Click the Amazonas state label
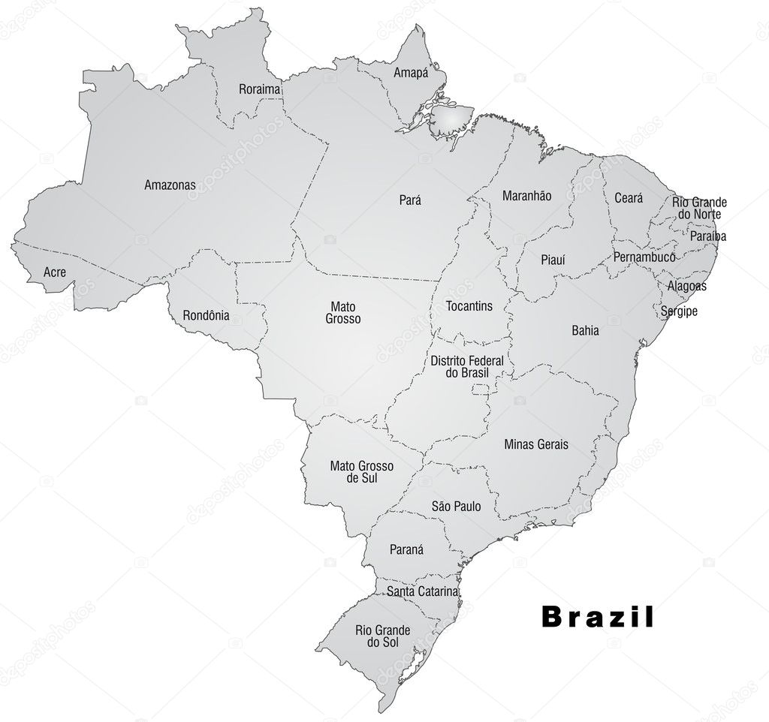(170, 184)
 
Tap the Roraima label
(259, 89)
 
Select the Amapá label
(411, 73)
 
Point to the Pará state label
(410, 200)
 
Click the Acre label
(54, 272)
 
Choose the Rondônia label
(206, 316)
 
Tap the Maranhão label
(526, 196)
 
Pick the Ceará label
(629, 198)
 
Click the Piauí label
(553, 260)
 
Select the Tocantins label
(469, 306)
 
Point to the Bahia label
(585, 330)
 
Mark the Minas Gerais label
(536, 444)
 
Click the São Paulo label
(456, 507)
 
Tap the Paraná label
(406, 549)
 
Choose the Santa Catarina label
(422, 591)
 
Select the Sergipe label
(679, 311)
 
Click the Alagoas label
(686, 286)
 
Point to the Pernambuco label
(644, 257)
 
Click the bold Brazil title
(598, 617)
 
